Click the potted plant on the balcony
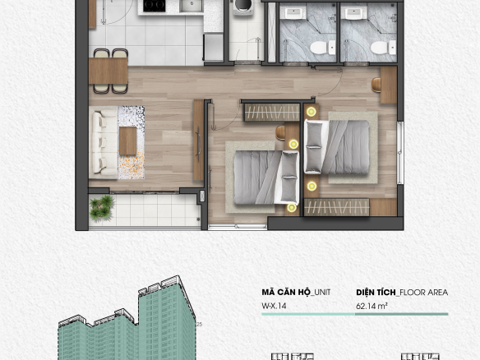pos(102,208)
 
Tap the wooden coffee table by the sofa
pos(127,141)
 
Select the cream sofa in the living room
pos(103,142)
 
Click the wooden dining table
pos(108,71)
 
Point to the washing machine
pos(243,7)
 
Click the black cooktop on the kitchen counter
pos(155,6)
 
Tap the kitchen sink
pos(191,6)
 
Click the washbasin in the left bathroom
pos(293,14)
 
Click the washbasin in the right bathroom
pos(354,14)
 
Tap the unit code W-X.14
pos(274,306)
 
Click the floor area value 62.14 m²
pos(372,306)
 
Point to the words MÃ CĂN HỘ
pos(286,292)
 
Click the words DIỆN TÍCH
pos(376,292)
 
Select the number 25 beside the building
pos(199,324)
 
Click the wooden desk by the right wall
pos(389,85)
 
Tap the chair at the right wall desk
pos(376,85)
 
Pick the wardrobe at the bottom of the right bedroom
pos(337,207)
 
